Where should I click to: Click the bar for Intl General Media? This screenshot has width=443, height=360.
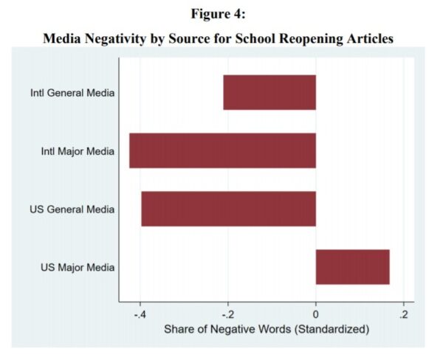point(269,92)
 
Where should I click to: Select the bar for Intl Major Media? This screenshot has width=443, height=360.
point(222,150)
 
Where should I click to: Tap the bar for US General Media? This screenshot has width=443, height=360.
point(228,209)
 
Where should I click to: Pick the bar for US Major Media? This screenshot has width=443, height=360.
point(352,267)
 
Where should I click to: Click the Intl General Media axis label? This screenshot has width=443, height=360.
point(72,93)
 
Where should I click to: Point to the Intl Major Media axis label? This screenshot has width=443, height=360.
point(78,151)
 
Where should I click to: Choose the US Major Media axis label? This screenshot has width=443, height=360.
point(78,267)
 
